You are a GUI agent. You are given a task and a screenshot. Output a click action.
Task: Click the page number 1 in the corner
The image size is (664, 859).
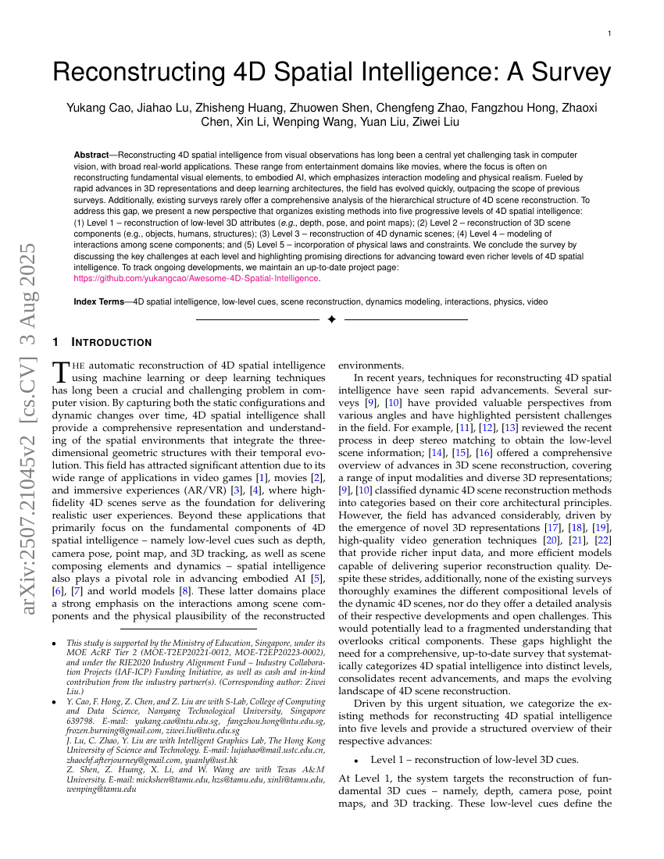point(609,34)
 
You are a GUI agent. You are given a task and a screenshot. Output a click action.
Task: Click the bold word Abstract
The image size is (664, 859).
point(91,155)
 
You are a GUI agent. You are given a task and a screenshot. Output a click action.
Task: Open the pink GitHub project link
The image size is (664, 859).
point(196,278)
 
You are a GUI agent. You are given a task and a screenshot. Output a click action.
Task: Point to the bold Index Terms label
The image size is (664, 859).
point(98,301)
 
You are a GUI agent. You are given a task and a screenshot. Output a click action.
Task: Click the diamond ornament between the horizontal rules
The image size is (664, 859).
point(331,319)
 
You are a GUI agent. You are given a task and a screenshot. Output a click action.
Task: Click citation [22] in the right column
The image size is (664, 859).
point(603,540)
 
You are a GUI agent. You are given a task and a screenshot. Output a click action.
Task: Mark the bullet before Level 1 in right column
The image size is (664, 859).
point(356,760)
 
